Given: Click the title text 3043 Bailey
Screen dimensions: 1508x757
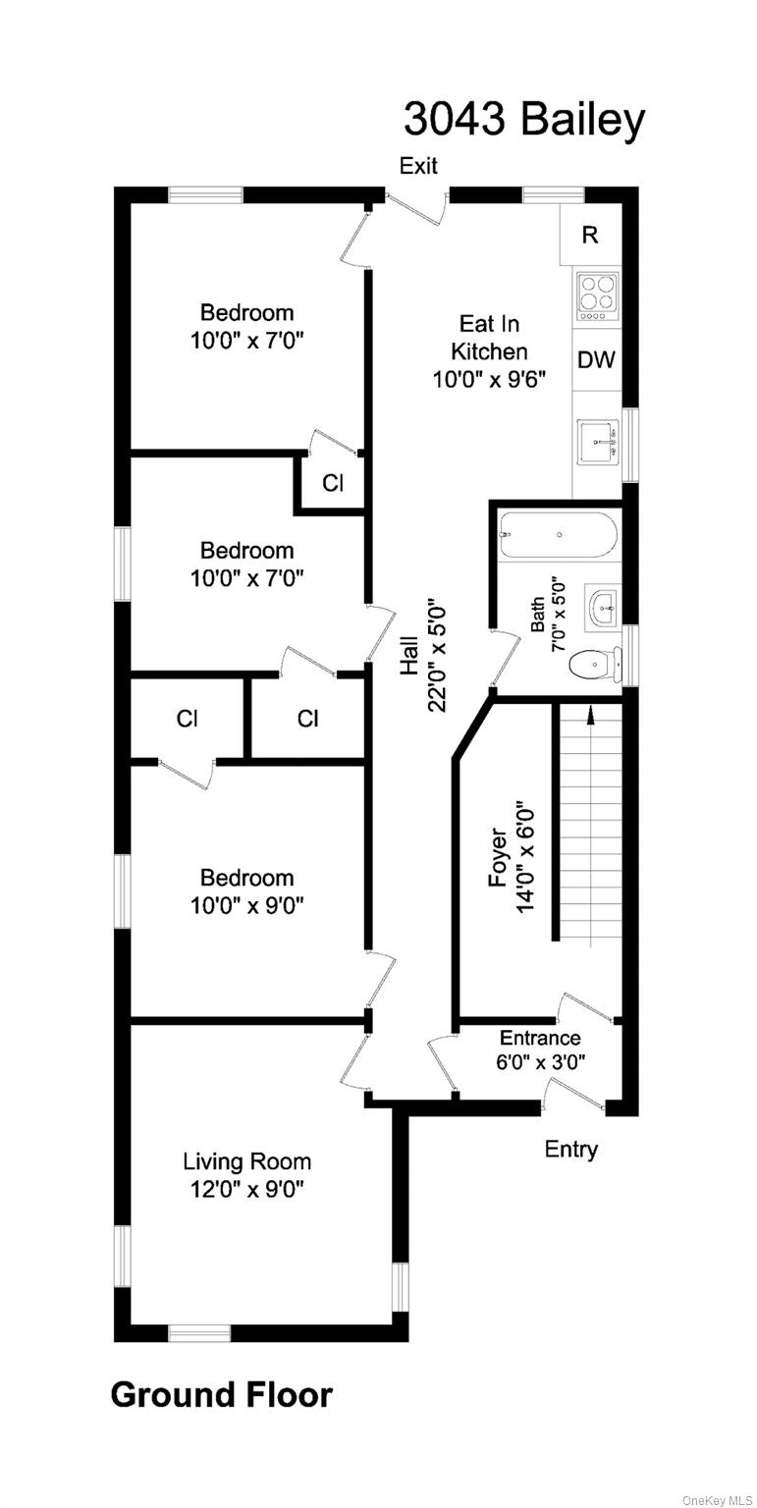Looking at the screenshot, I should point(523,120).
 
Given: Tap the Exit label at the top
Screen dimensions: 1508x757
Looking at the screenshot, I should point(418,166).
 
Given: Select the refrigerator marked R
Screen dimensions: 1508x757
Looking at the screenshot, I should point(589,235).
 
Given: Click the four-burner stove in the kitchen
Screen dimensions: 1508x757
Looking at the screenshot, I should point(597,295).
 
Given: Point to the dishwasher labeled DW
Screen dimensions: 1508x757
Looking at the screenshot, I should point(596,359).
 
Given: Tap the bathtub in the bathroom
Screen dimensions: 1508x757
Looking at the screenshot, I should point(558,536).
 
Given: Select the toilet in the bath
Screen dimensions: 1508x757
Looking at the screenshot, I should point(592,666).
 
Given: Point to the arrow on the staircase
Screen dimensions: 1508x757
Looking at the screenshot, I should point(590,717).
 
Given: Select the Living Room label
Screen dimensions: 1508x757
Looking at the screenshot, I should point(246,1162).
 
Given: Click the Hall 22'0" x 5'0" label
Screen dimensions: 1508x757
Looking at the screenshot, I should point(423,656).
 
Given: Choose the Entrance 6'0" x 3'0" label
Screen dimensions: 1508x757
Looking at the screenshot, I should point(539,1049).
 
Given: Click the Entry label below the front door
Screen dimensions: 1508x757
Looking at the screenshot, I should point(570,1149).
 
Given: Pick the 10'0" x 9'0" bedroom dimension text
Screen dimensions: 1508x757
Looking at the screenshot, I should point(246,904).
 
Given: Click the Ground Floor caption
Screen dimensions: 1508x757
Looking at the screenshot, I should point(221,1394).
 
